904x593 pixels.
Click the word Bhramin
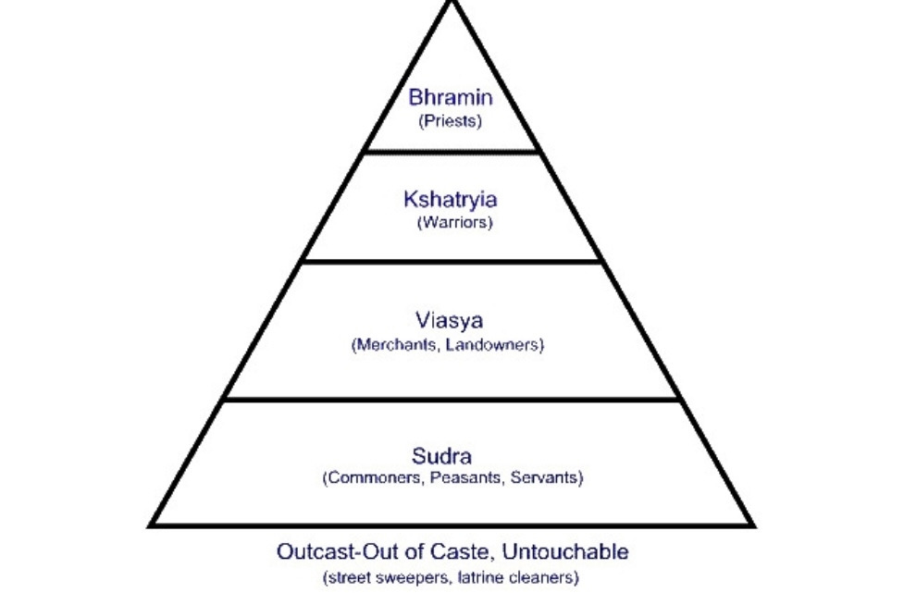[x=452, y=99]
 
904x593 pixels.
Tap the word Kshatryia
[x=452, y=200]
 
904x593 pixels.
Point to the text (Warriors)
[x=454, y=223]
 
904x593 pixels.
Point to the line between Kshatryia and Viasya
[x=452, y=261]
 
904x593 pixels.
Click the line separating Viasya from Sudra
[x=452, y=400]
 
